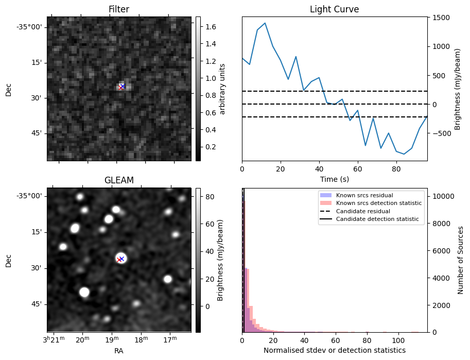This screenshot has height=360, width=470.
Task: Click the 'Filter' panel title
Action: [119, 9]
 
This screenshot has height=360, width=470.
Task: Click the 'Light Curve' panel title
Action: [334, 9]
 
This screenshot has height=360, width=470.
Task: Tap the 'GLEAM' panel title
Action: [119, 180]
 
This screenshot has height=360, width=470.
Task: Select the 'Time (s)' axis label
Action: [334, 179]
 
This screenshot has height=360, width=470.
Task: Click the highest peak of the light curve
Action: [265, 23]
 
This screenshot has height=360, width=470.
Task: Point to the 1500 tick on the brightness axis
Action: [441, 18]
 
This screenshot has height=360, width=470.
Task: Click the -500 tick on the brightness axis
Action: [443, 133]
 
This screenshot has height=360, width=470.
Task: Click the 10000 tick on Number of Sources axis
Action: [442, 196]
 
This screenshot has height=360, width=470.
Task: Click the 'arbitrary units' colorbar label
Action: [223, 89]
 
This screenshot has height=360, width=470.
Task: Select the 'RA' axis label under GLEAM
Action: [119, 351]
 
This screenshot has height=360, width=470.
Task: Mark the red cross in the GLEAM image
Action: [119, 260]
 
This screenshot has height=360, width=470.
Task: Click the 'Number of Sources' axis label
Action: [461, 260]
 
